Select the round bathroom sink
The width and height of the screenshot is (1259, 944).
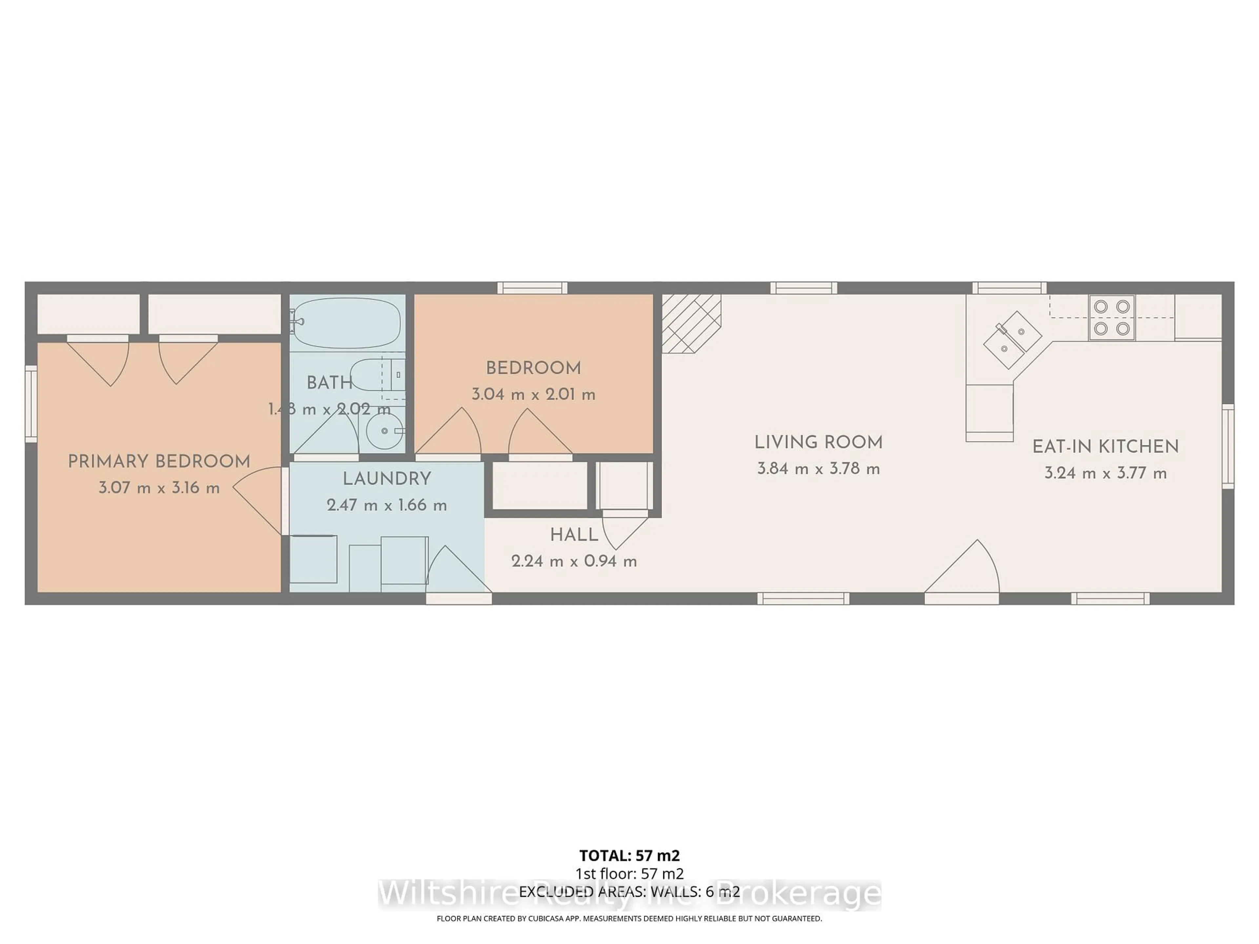385,431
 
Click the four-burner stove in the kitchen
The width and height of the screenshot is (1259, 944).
1111,318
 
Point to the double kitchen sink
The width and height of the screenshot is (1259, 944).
1012,340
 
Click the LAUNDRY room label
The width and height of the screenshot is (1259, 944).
387,479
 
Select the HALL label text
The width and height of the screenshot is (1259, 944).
574,535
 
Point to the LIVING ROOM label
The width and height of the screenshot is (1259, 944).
818,442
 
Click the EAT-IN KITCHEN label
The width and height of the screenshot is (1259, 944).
1105,447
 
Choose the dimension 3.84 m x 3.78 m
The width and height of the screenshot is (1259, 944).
818,469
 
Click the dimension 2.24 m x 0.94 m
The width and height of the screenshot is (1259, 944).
574,561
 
